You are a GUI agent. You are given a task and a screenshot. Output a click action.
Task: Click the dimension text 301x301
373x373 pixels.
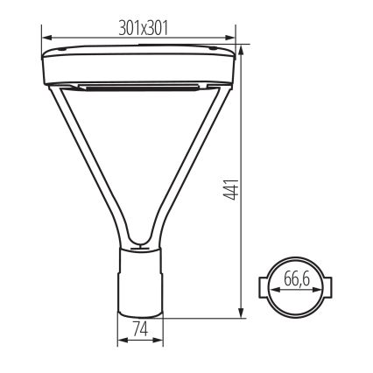click(144, 28)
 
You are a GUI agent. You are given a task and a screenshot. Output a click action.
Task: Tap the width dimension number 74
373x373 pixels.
click(138, 334)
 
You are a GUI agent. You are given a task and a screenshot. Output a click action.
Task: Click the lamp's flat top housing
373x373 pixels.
click(140, 63)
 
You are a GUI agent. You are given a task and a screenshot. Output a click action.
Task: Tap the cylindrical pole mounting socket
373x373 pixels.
click(140, 280)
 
